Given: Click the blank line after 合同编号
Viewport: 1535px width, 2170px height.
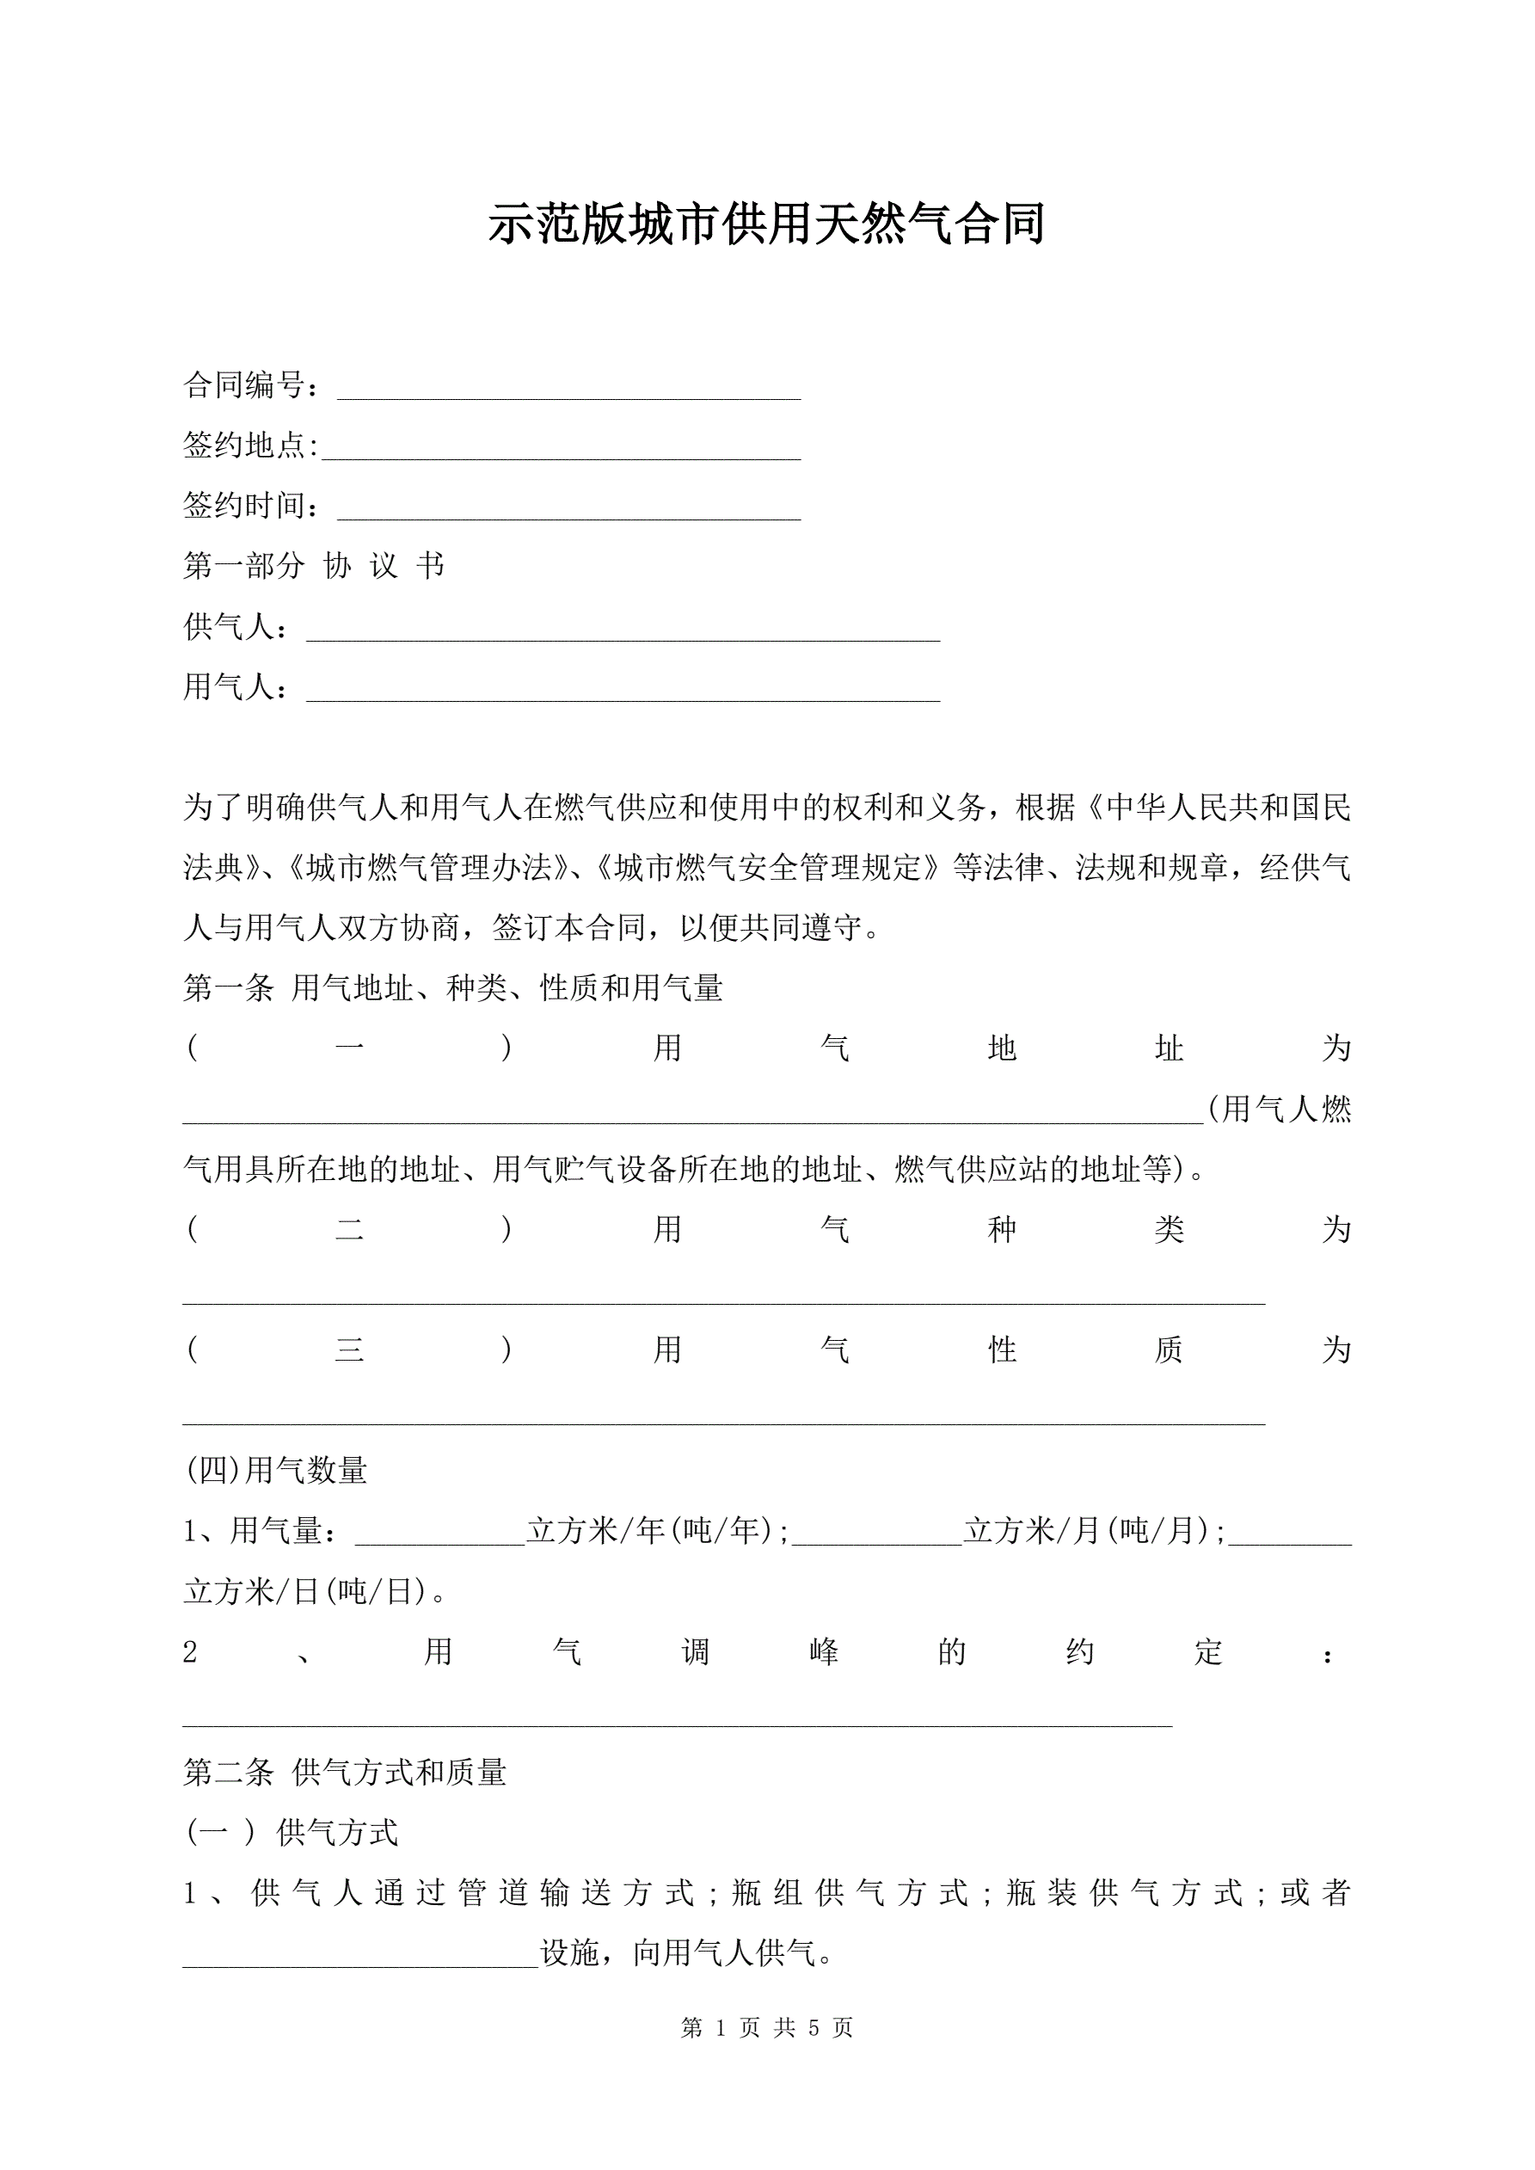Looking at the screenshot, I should [569, 388].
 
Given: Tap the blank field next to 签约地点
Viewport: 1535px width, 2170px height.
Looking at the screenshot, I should [562, 448].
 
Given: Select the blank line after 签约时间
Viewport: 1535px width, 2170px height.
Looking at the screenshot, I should [569, 508].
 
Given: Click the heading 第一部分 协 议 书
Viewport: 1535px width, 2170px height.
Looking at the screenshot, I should [314, 566].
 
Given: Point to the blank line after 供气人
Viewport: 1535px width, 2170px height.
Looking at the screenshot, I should [623, 629].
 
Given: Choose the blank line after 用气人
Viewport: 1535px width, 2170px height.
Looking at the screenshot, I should [623, 689].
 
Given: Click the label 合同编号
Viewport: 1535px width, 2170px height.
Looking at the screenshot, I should [245, 385].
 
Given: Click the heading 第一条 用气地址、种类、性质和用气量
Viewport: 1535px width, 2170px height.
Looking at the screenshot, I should [452, 988].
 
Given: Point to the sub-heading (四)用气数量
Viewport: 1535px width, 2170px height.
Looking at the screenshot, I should [276, 1471].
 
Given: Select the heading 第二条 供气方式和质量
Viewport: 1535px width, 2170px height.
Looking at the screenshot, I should [345, 1773].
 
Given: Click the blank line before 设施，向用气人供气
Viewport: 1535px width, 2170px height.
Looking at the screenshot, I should [360, 1954].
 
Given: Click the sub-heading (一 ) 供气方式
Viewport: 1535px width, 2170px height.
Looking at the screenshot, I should [292, 1834].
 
